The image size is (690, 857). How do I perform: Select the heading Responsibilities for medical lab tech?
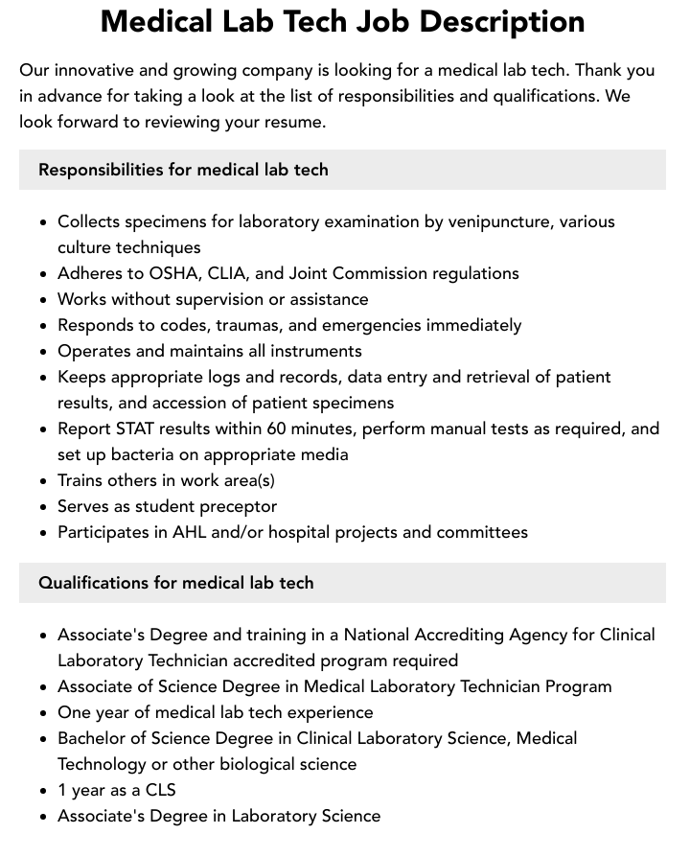[x=183, y=170]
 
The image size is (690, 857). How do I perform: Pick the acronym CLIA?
[x=241, y=273]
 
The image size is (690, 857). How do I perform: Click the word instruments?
[x=314, y=351]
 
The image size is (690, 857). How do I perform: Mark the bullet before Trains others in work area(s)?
[x=43, y=481]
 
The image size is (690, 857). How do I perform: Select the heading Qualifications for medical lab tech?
[x=176, y=583]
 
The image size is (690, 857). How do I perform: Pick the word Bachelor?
[x=94, y=738]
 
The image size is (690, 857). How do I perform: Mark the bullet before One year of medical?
[x=43, y=713]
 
